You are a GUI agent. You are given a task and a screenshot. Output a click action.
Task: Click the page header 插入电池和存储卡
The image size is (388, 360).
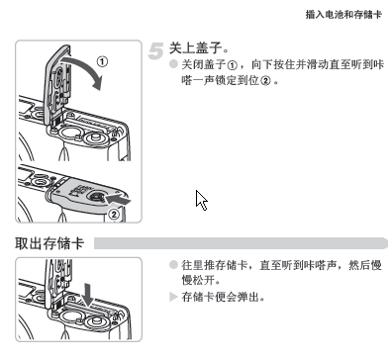[x=343, y=15]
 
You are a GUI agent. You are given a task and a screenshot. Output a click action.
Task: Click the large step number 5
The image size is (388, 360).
[x=155, y=51]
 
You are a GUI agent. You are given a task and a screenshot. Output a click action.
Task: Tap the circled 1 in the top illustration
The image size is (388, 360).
[x=102, y=61]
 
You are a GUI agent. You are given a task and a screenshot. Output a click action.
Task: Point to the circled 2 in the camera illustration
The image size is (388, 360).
[x=114, y=215]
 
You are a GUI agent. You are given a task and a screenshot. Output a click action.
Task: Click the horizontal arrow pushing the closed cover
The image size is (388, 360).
[x=118, y=200]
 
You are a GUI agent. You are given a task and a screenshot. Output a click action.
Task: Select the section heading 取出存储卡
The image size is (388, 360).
[x=49, y=243]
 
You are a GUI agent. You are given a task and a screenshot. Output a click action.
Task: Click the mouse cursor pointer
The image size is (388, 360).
[x=201, y=200]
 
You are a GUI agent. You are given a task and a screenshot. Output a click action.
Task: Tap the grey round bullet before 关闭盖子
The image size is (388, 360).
[x=173, y=64]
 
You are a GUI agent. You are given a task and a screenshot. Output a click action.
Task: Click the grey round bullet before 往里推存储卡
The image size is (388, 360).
[x=173, y=265]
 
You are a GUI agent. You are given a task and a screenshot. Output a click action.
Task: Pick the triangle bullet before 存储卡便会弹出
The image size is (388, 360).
[x=173, y=297]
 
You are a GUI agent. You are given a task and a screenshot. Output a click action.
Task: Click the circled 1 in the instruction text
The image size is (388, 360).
[x=233, y=65]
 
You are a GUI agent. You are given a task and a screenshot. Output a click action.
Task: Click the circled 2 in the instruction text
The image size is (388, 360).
[x=265, y=81]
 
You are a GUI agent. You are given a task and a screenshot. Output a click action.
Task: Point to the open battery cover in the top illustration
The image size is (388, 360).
[x=56, y=86]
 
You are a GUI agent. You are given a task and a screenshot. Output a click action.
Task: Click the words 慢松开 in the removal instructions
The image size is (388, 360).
[x=199, y=280]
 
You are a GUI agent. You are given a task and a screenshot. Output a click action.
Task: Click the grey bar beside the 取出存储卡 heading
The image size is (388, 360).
[x=241, y=243]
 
